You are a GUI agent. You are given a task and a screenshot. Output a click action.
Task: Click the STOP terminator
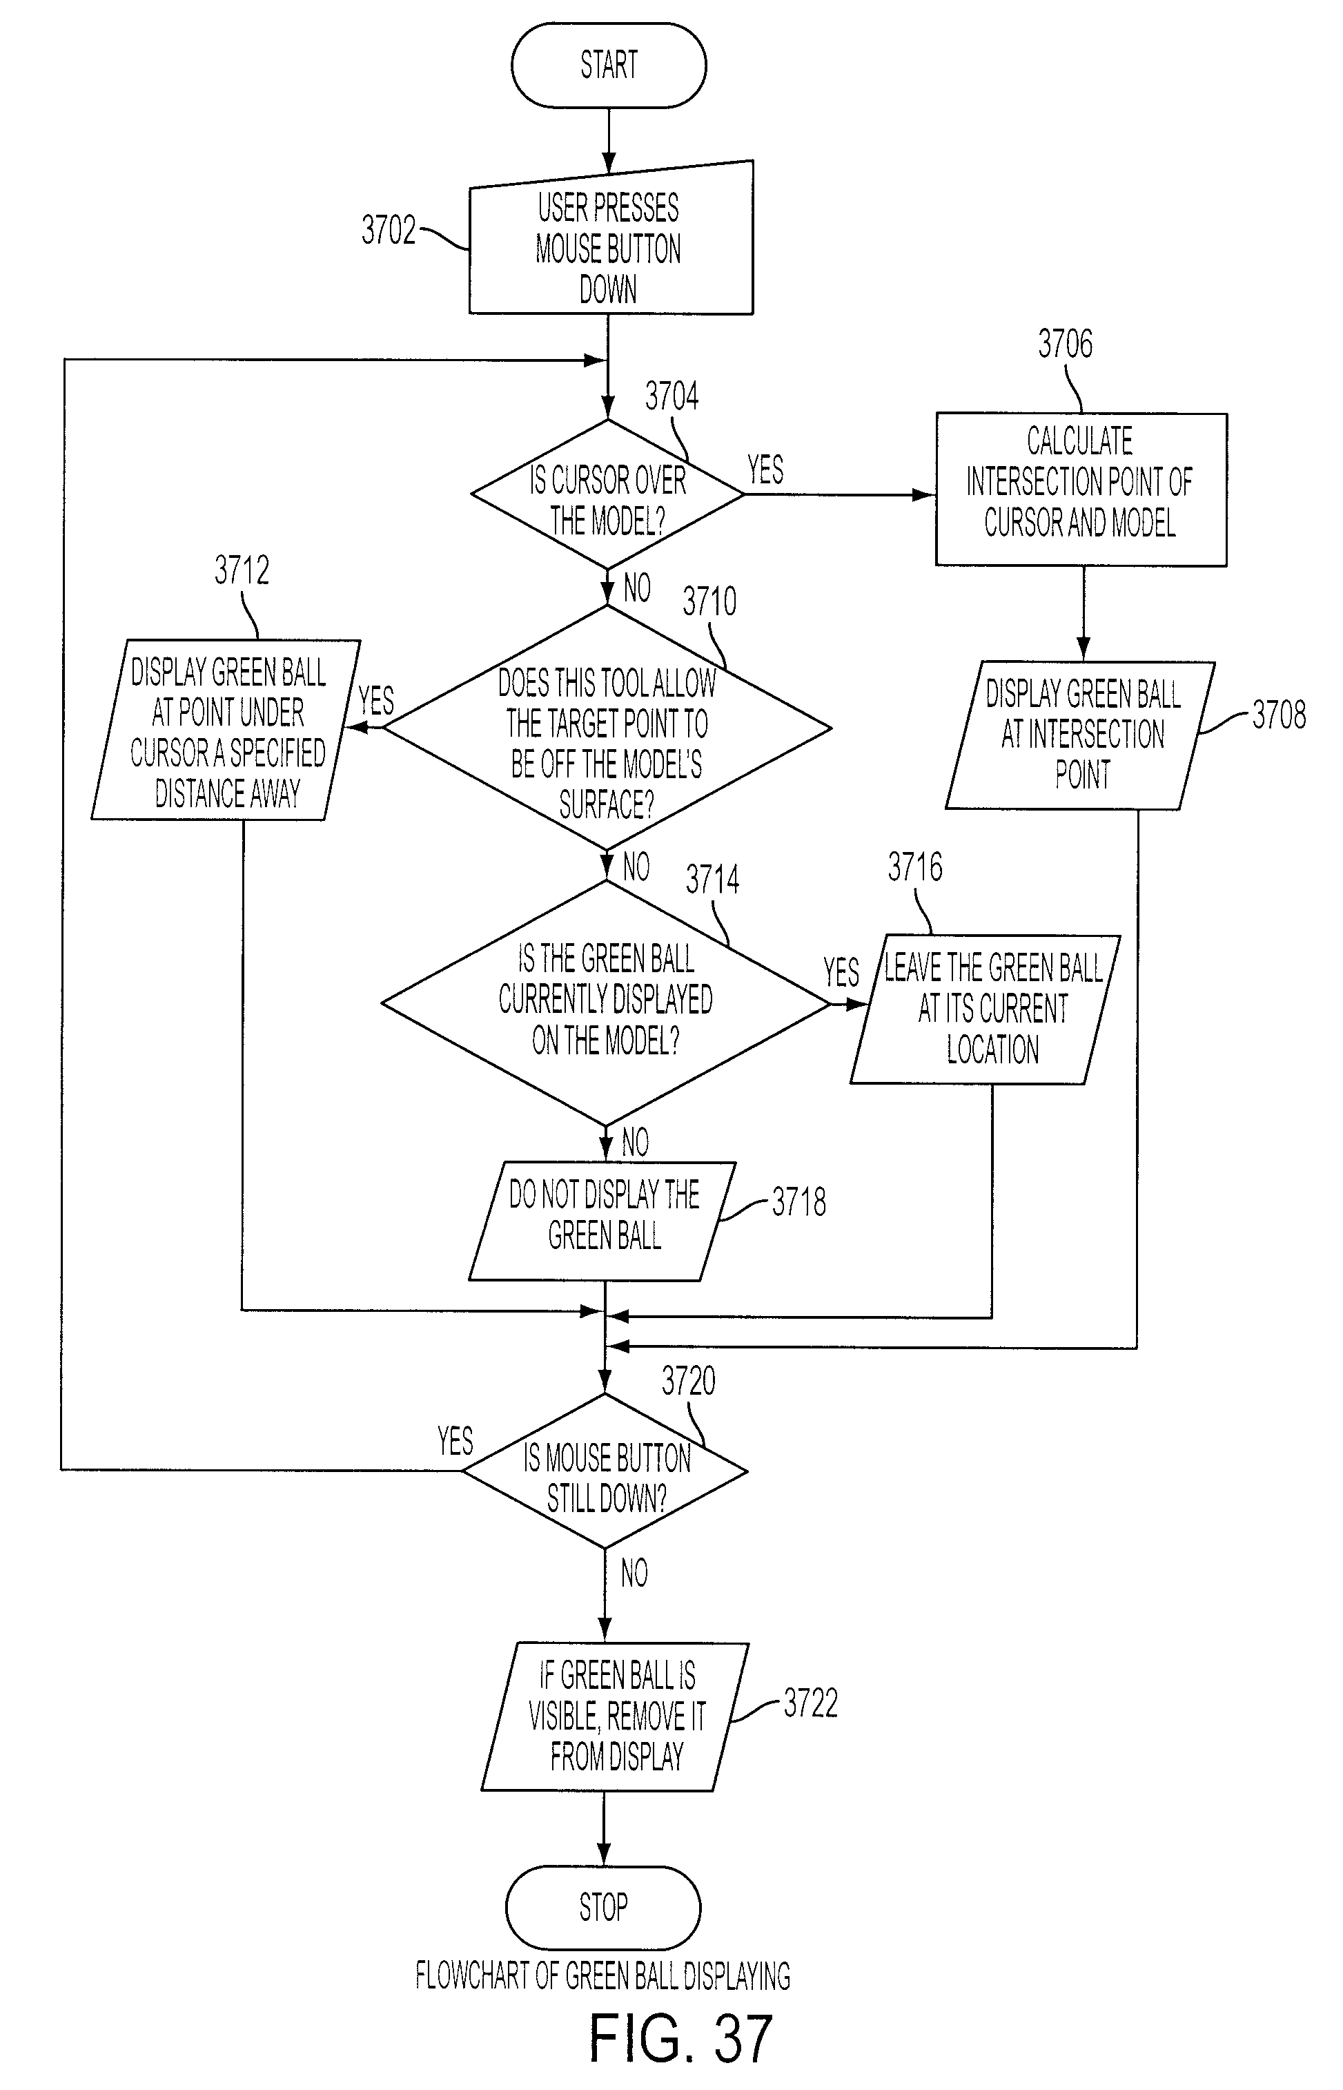tap(602, 1907)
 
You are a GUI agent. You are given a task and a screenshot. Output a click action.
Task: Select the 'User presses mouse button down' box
tap(611, 238)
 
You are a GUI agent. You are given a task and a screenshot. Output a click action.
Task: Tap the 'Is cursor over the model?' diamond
tap(608, 494)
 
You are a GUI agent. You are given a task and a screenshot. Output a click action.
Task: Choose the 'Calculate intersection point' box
tap(1081, 490)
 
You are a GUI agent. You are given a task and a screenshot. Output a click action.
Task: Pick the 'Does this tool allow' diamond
tap(607, 728)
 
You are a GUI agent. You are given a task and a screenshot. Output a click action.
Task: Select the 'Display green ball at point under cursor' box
tap(226, 730)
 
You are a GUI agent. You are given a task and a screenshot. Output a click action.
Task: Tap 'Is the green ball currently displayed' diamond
tap(605, 1003)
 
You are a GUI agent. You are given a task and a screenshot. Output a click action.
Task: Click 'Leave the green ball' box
tap(986, 1009)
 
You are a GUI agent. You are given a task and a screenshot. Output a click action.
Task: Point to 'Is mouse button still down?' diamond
tap(605, 1471)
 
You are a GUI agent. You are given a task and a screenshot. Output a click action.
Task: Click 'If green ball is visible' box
tap(615, 1716)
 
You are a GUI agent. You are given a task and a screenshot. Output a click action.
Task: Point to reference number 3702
tap(389, 231)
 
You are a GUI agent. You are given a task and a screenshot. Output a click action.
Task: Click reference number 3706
tap(1065, 344)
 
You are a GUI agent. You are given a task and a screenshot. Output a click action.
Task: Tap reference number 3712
tap(242, 570)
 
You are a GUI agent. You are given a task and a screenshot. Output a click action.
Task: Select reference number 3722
tap(810, 1703)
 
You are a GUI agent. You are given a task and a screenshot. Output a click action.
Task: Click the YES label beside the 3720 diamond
tap(455, 1441)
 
